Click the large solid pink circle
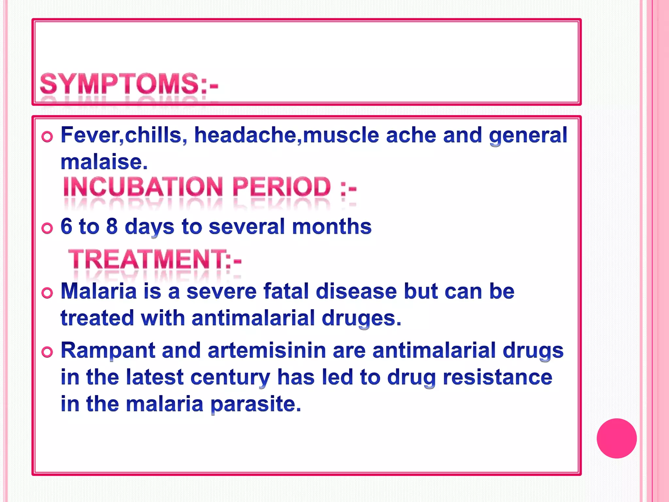click(x=616, y=438)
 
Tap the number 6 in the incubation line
click(x=66, y=226)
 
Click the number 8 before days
click(x=112, y=226)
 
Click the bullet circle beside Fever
click(x=47, y=137)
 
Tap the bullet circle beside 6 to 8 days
click(x=47, y=228)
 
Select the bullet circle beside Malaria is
click(x=47, y=293)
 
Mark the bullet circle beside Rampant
click(x=47, y=352)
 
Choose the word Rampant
click(x=108, y=350)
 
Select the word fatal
click(x=286, y=291)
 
